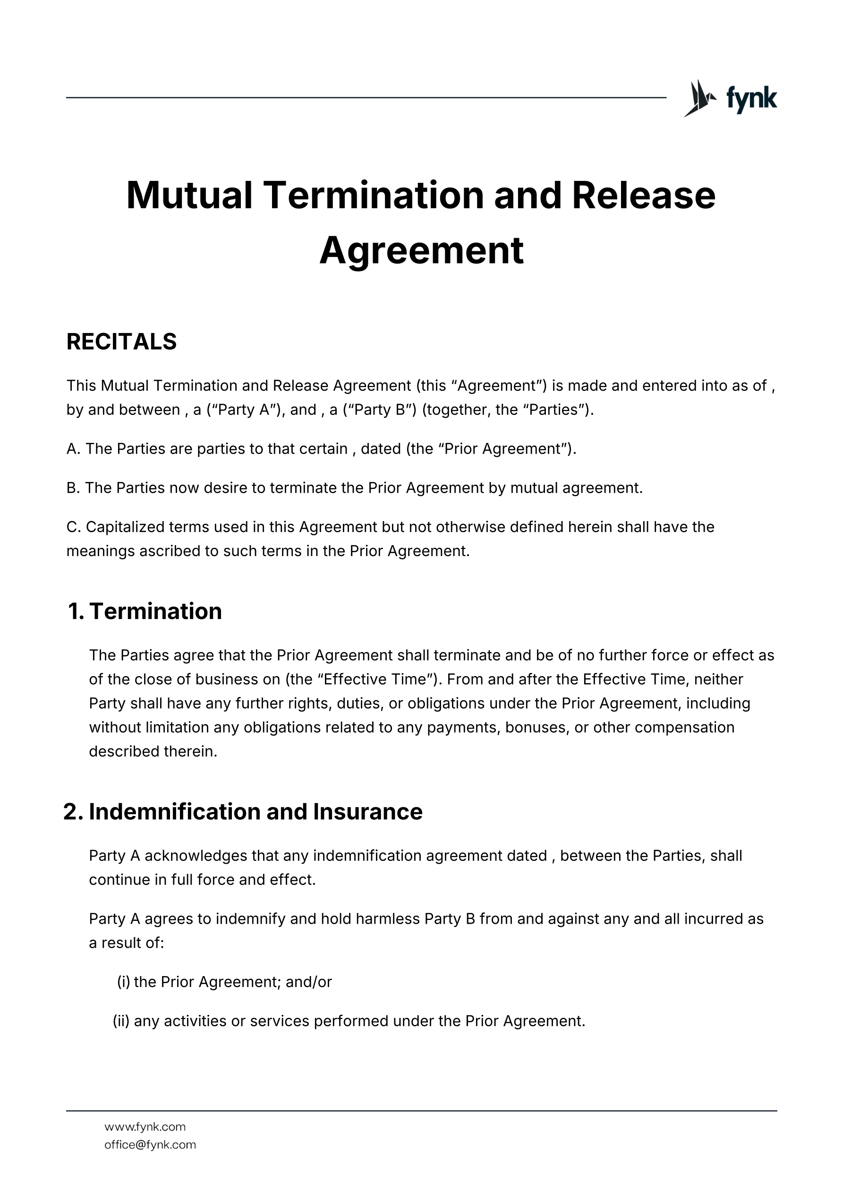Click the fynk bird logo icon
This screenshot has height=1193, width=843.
point(699,98)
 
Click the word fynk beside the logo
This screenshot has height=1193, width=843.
point(751,98)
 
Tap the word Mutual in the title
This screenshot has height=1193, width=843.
point(189,196)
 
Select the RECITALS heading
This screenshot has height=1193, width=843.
point(121,342)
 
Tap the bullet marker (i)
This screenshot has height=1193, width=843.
point(124,982)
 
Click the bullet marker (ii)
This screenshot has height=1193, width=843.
point(121,1021)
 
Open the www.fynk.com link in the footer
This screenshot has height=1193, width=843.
point(145,1127)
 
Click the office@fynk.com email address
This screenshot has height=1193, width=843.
point(150,1145)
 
